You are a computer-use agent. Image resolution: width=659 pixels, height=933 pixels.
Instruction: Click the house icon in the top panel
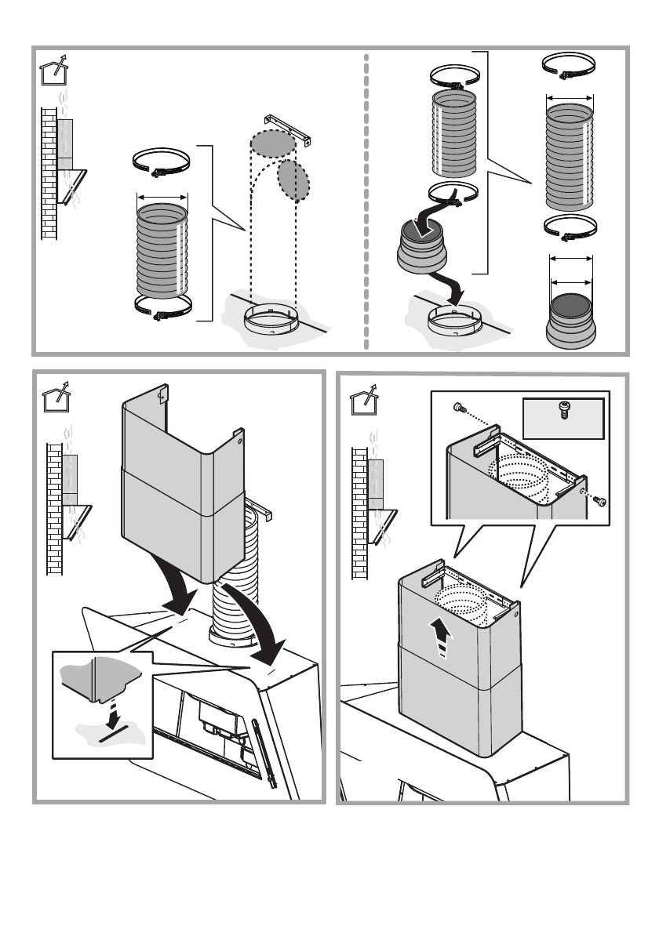point(53,71)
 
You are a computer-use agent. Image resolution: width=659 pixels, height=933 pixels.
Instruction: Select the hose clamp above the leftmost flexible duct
point(161,163)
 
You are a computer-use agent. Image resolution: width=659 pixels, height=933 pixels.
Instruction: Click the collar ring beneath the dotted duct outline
point(271,321)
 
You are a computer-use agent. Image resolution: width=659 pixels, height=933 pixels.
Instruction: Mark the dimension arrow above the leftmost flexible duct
point(162,197)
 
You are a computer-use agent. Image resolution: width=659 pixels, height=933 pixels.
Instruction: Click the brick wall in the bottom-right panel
point(360,510)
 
